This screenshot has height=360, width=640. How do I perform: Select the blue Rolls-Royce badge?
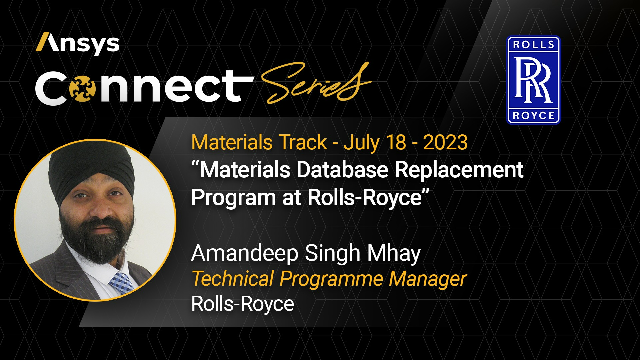coord(533,80)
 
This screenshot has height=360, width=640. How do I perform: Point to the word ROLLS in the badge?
coord(533,45)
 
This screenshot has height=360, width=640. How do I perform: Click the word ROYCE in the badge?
coord(533,116)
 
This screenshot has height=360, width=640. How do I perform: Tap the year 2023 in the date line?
coord(445,142)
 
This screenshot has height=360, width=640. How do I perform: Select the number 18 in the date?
coord(396,142)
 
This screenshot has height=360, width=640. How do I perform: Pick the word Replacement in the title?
coord(459,170)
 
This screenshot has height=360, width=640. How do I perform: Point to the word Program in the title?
coord(233,198)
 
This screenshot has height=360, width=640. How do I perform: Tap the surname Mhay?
coord(394,254)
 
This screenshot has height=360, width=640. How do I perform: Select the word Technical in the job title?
coord(233,279)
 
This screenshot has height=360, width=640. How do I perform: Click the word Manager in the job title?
coord(428,279)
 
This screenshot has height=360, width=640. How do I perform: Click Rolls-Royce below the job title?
coord(243,304)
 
